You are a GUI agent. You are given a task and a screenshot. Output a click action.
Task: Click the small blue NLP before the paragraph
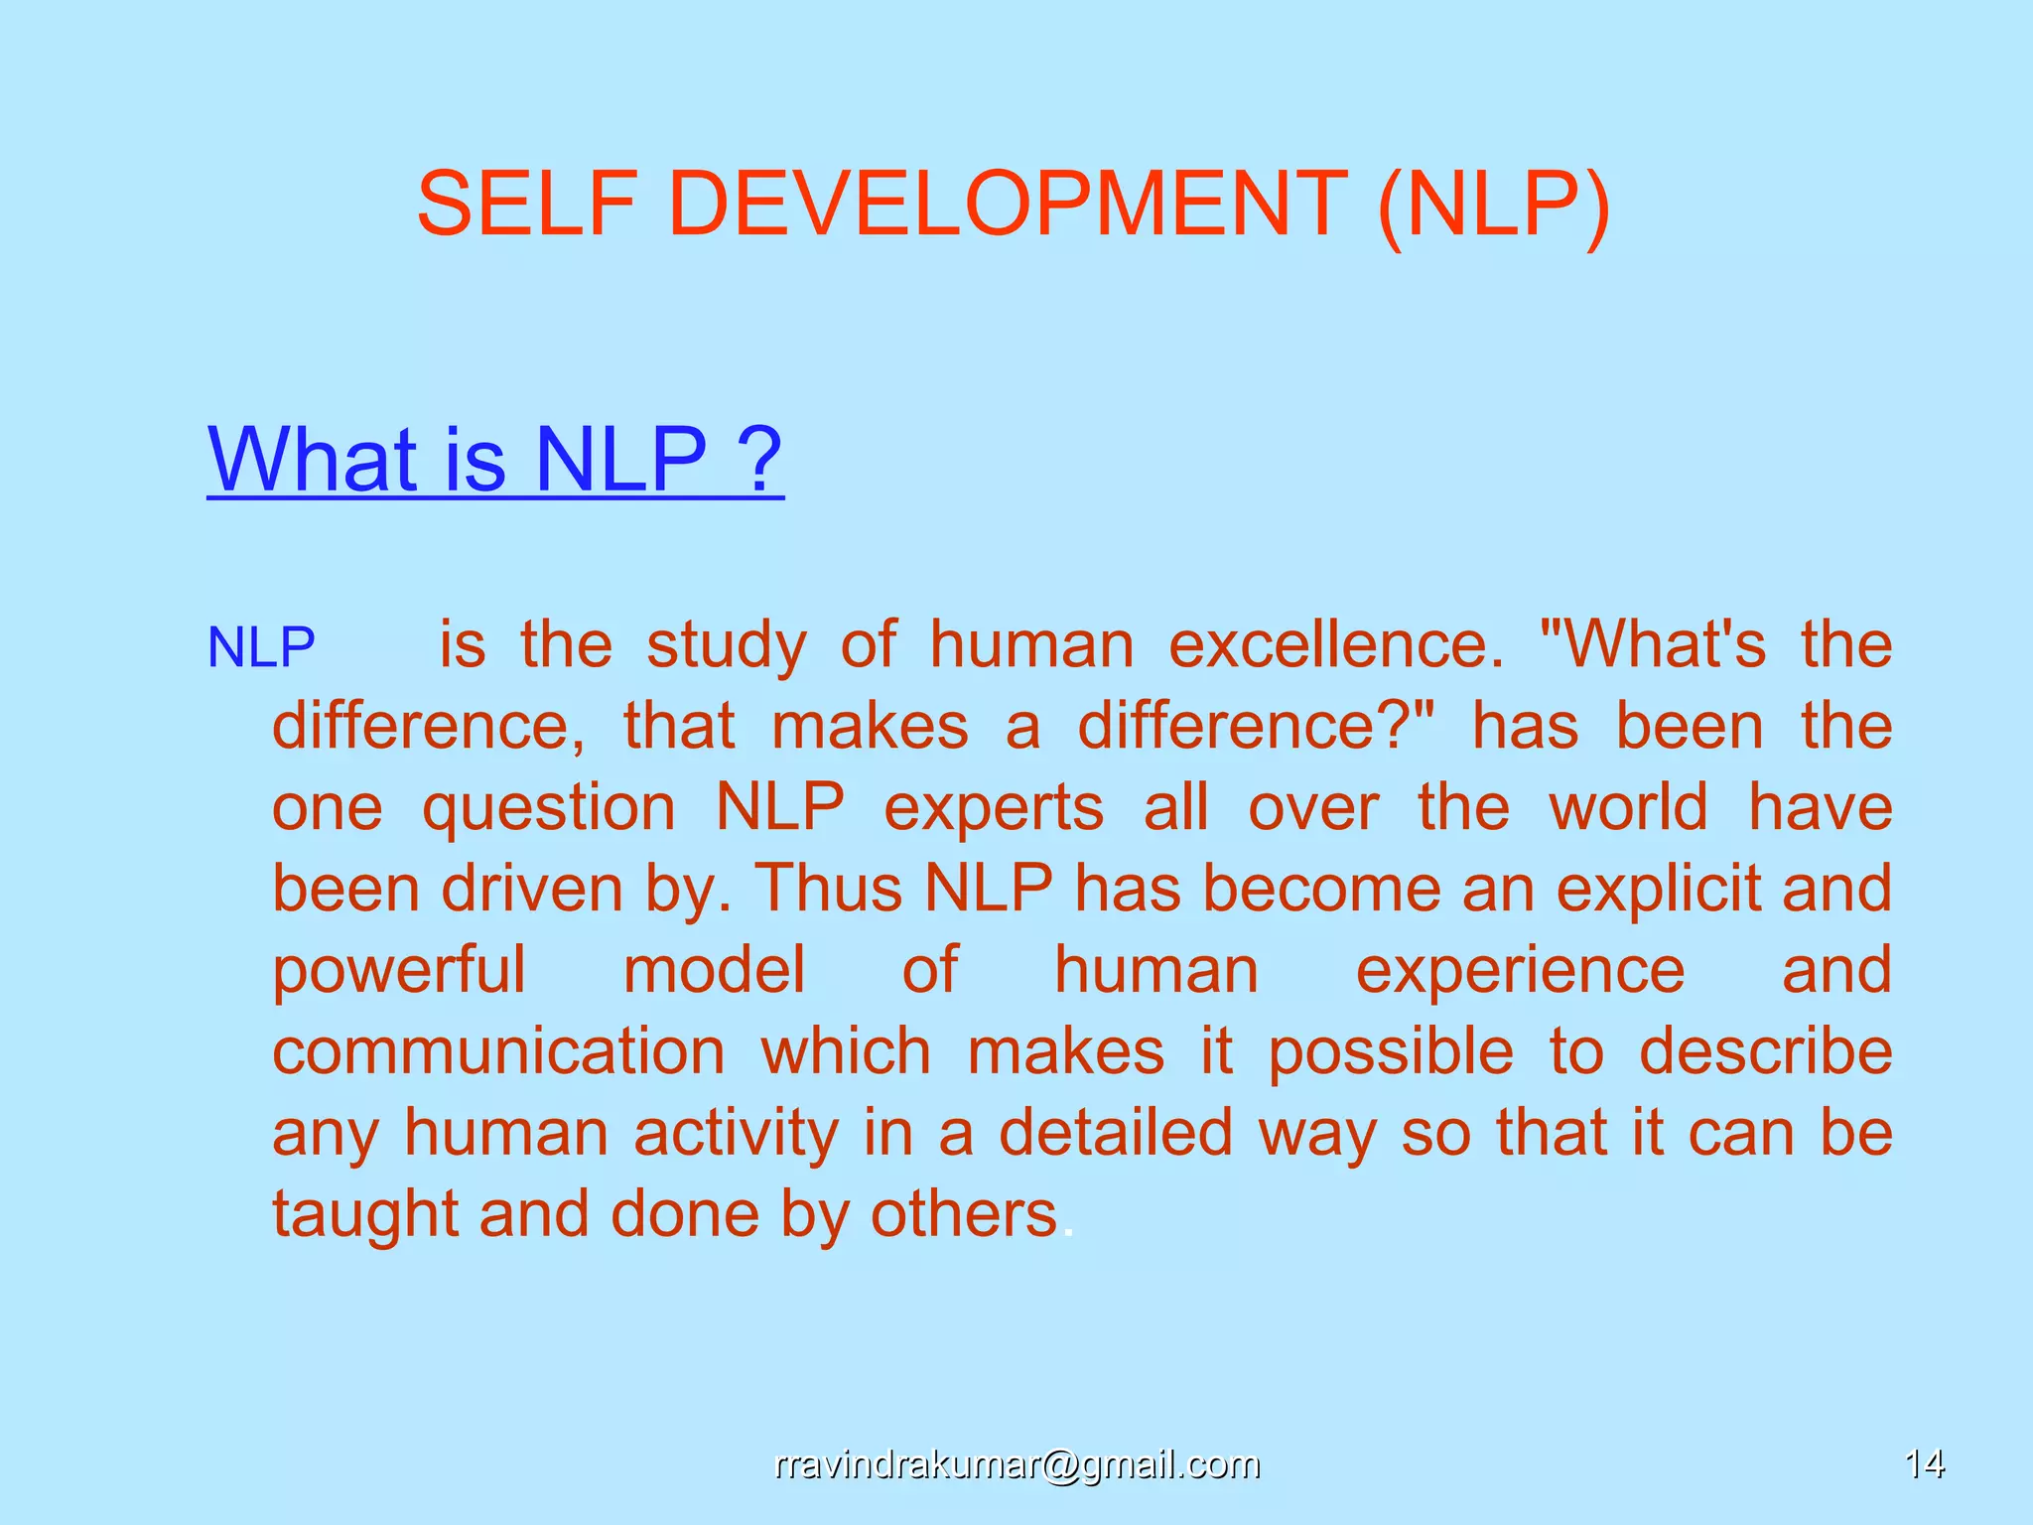[261, 647]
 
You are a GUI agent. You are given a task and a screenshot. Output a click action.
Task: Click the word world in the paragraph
[1629, 807]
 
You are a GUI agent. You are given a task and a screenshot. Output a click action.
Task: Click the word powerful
[399, 971]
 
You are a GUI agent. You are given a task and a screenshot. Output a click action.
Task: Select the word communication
[498, 1051]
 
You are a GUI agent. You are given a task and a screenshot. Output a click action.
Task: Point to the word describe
[1765, 1051]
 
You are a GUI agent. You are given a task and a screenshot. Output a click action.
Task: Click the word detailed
[1116, 1133]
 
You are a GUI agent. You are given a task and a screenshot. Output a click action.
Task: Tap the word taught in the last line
[365, 1215]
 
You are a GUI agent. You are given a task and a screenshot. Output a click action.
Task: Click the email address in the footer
[1016, 1464]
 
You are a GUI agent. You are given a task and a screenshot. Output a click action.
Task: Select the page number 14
[1924, 1464]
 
